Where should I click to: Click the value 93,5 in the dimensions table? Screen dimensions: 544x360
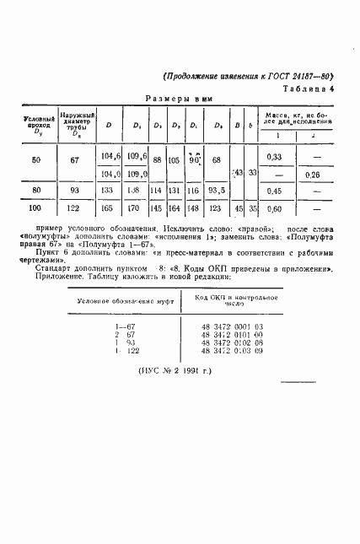coord(218,191)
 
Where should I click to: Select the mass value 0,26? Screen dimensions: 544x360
coord(311,175)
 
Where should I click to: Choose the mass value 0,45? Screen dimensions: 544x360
coord(273,191)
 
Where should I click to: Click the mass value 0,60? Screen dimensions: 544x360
coord(273,208)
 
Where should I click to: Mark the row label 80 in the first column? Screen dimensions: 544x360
coord(35,191)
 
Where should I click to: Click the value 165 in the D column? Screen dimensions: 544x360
coord(107,208)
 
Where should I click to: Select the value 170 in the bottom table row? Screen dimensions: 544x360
coord(132,208)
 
